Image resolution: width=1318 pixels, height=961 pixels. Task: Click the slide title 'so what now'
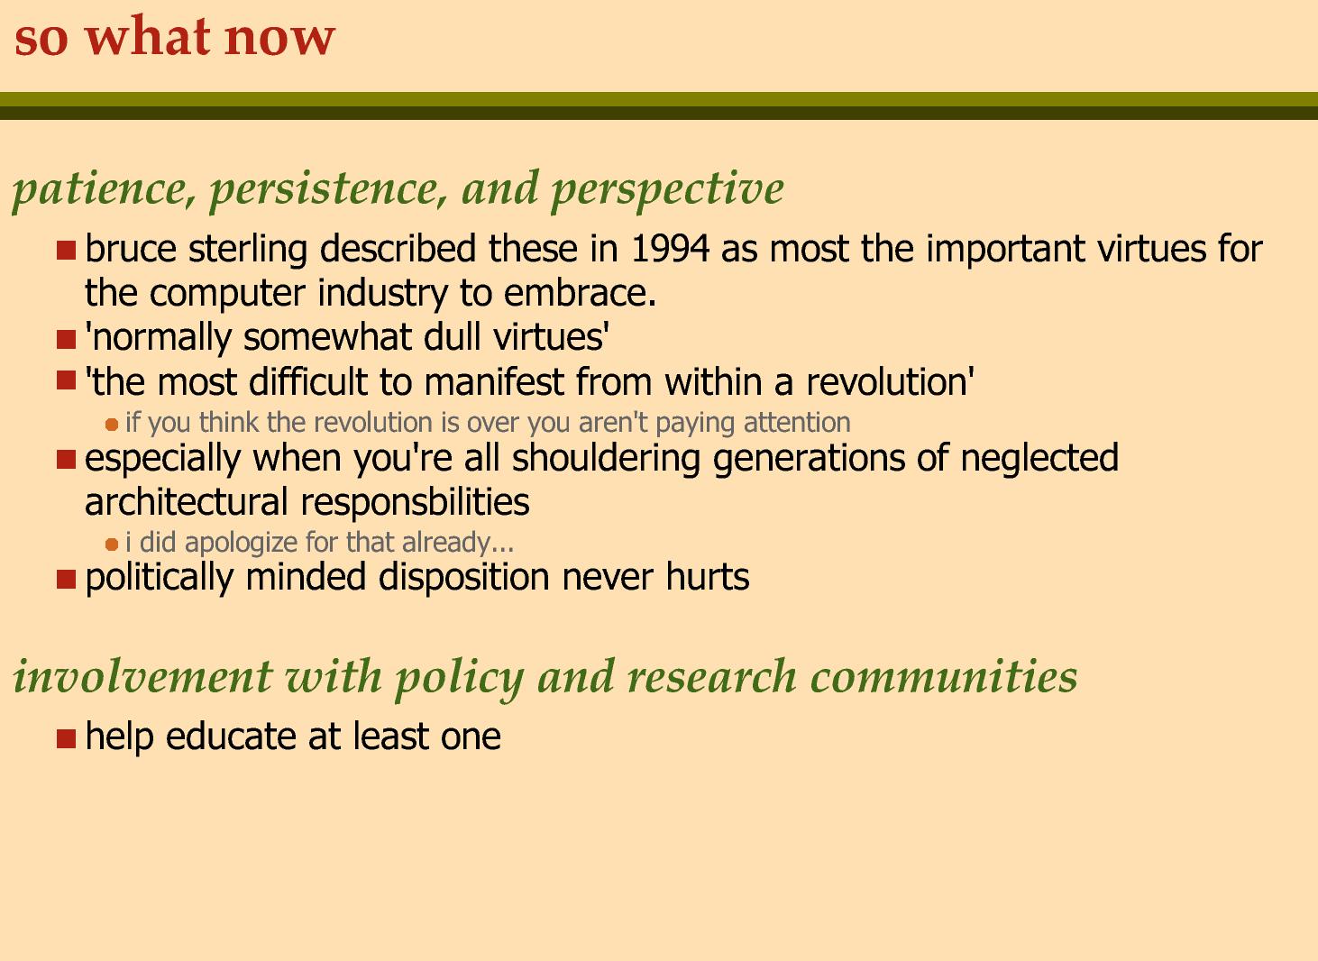point(175,36)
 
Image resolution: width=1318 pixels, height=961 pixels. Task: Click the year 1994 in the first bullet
point(670,248)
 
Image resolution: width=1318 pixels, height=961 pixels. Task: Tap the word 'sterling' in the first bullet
point(248,250)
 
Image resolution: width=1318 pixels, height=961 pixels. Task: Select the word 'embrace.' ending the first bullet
point(580,292)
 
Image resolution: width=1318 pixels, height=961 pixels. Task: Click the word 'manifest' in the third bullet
point(493,381)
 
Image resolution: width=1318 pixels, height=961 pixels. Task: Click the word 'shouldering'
point(606,458)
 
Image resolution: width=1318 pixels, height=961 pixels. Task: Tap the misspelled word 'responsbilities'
point(415,502)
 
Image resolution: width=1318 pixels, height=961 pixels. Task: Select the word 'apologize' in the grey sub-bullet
point(242,543)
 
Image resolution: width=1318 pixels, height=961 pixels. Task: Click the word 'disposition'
point(463,577)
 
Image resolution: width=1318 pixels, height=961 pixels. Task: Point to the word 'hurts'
point(708,577)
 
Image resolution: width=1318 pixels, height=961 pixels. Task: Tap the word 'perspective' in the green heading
point(666,189)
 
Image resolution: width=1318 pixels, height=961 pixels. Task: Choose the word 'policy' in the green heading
point(459,677)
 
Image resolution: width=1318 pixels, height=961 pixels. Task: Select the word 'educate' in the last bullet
point(231,737)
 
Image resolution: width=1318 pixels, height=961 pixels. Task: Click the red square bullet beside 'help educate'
point(67,738)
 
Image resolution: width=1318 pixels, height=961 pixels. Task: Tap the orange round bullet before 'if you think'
point(112,425)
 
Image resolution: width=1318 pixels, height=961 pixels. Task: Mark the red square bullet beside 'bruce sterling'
point(67,250)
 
